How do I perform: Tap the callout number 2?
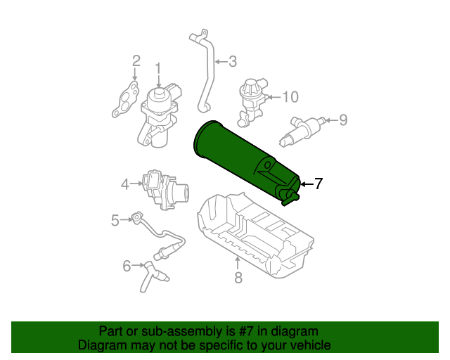[136, 61]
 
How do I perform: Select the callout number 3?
[232, 61]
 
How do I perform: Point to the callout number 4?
[125, 184]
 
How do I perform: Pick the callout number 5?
[115, 221]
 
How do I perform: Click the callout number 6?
[127, 266]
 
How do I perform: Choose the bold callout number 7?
[318, 184]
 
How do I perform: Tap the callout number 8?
[238, 278]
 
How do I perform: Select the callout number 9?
[343, 120]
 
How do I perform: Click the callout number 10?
[290, 96]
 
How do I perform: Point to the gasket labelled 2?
[124, 100]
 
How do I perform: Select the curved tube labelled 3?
[207, 77]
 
